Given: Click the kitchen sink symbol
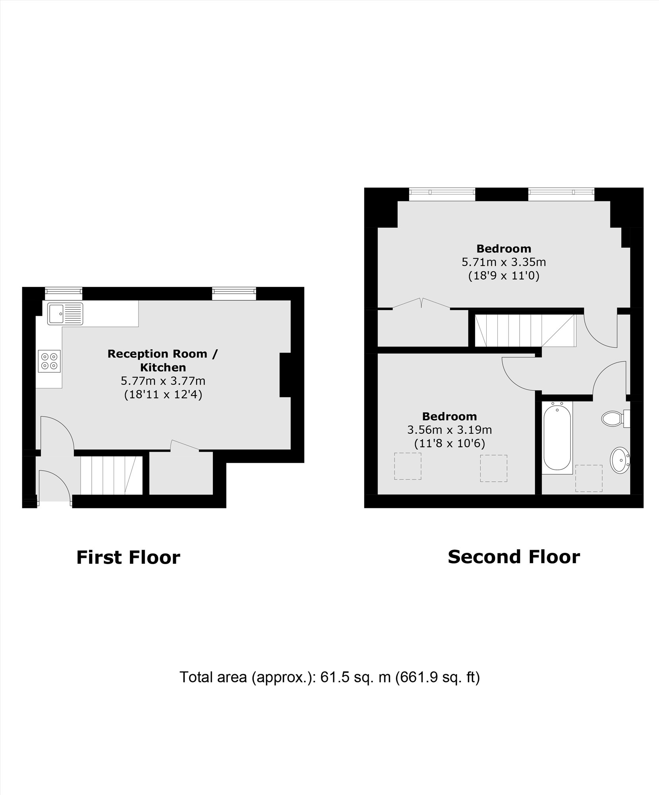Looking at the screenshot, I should click(x=65, y=314).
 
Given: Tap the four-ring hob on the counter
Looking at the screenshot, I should click(x=49, y=361).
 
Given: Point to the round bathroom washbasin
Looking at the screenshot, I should click(x=620, y=460).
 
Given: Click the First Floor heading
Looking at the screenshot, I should click(x=128, y=557).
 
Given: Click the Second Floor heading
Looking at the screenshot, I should click(x=514, y=557).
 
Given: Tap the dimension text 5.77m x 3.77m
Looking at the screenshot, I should click(x=163, y=381).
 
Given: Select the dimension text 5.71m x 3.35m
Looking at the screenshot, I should click(x=503, y=262).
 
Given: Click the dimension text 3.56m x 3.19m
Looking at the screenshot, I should click(x=449, y=430).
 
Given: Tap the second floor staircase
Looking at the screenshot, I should click(x=524, y=330).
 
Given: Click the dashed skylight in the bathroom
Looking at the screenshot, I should click(x=589, y=478).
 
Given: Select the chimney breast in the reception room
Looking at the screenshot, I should click(x=285, y=375).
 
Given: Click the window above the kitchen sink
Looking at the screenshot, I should click(x=63, y=294).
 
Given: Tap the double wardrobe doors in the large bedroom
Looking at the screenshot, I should click(x=421, y=303).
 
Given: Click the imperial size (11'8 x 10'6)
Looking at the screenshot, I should click(x=449, y=443).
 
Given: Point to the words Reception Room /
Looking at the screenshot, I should click(x=163, y=354).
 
